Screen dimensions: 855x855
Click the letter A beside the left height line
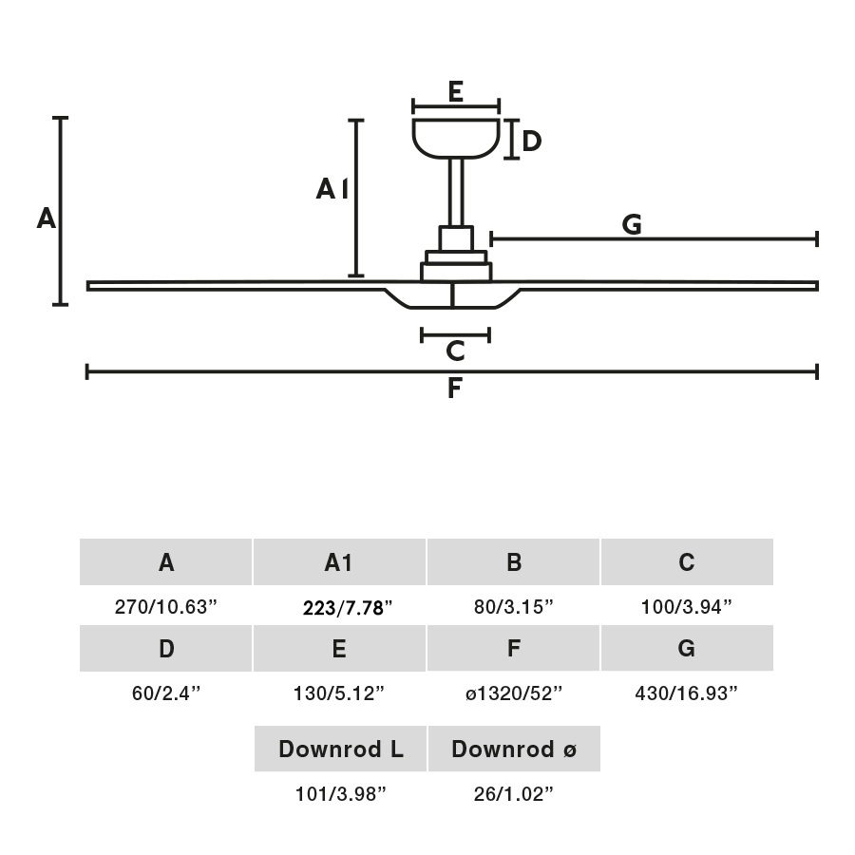tap(47, 219)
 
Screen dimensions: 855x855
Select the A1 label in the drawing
tap(332, 191)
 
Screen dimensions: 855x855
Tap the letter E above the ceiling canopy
tap(455, 92)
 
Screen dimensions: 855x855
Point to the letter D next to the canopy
tap(532, 142)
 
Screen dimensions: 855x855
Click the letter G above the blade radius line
tap(632, 225)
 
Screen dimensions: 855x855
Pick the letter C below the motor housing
tap(455, 351)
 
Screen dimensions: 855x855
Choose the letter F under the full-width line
tap(454, 389)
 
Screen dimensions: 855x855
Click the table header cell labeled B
tap(513, 562)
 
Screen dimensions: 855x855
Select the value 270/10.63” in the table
tap(166, 608)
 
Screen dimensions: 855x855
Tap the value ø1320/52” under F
tap(513, 693)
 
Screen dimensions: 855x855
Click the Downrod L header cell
tap(340, 750)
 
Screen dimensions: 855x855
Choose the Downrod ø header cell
tap(513, 750)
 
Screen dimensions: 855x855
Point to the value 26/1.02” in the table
tap(513, 794)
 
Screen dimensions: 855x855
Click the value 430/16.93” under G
tap(686, 693)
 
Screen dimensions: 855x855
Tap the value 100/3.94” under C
tap(686, 608)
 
